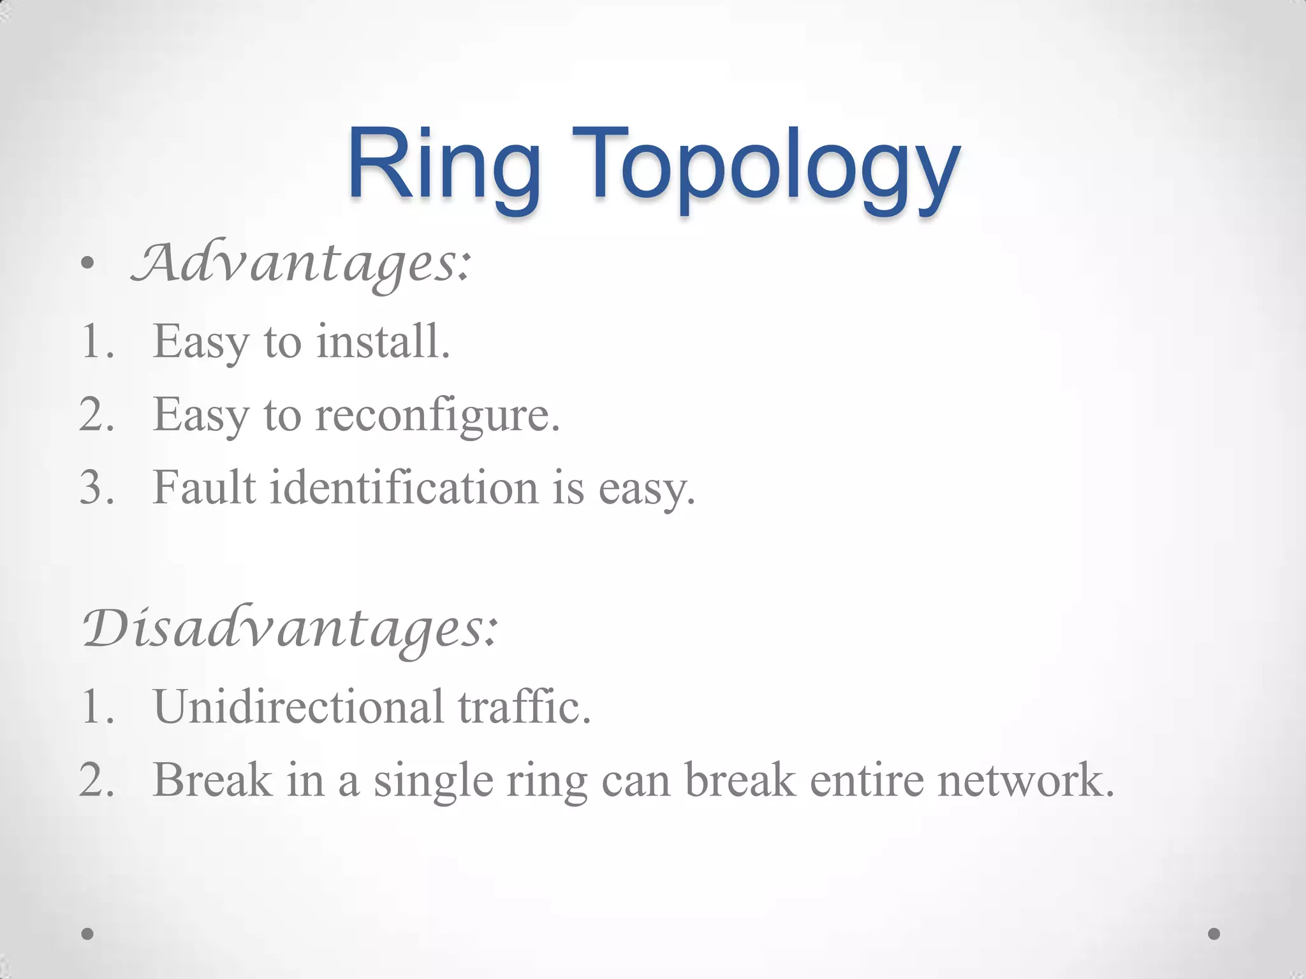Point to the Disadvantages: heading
pos(290,628)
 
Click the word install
pos(383,342)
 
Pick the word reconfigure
pos(437,415)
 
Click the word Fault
pos(204,488)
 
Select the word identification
pos(403,488)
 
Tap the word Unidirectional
pos(298,707)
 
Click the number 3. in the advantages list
pos(97,488)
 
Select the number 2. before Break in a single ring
pos(97,780)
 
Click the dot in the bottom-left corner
pos(88,934)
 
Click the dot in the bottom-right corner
pos(1214,934)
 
